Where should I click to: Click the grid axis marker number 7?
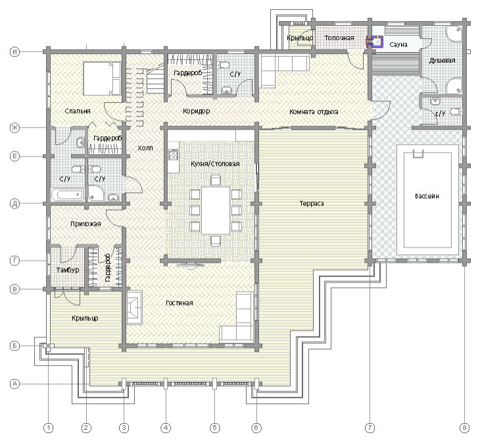coord(370,428)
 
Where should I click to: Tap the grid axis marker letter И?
coord(14,51)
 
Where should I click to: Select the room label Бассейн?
coord(427,196)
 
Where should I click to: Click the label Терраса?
coord(312,203)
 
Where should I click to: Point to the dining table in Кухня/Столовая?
coord(216,210)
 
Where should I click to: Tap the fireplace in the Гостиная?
coord(134,307)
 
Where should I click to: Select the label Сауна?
coord(398,45)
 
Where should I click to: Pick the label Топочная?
coord(339,38)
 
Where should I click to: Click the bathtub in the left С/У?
coord(68,195)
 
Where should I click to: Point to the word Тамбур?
coord(68,270)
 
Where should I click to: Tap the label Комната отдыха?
coord(314,111)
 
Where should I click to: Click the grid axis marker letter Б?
coord(14,346)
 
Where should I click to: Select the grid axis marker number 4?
coord(166,428)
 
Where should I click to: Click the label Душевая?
coord(442,61)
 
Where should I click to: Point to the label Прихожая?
coord(85,224)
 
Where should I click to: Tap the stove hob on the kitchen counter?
coord(174,155)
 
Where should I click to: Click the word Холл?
coord(145,148)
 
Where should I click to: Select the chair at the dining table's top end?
coord(216,180)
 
